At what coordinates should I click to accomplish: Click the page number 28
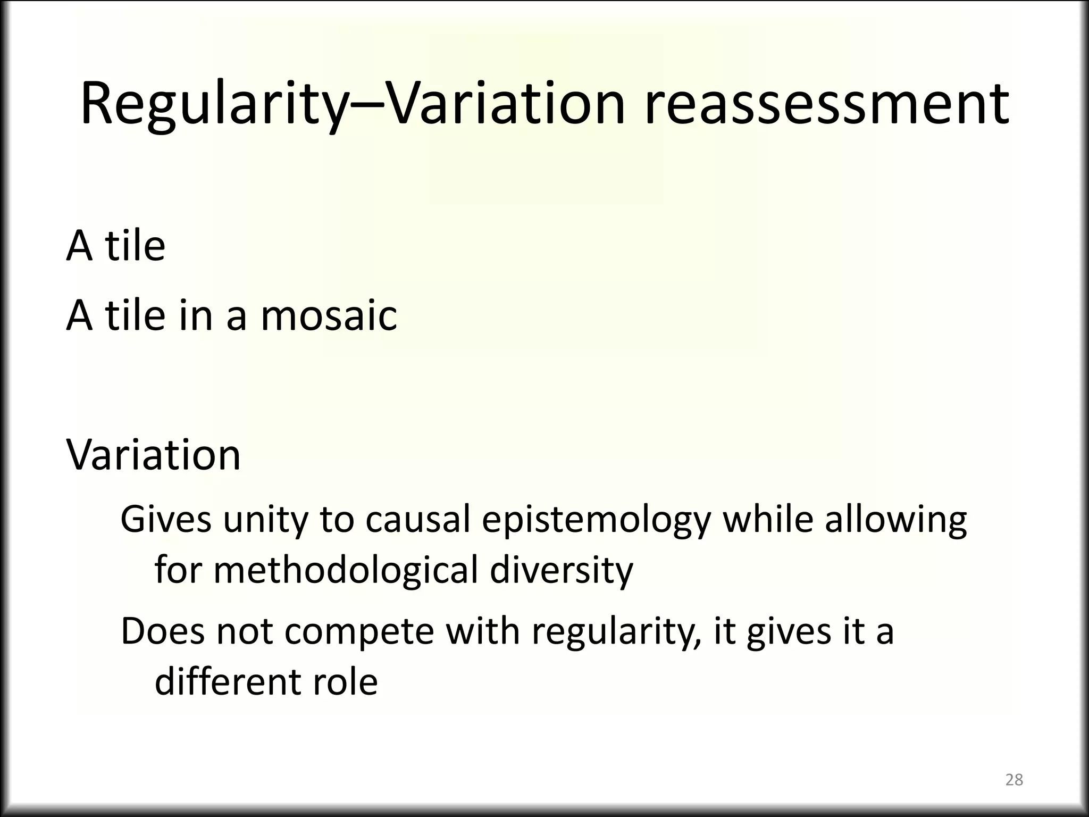[x=1014, y=780]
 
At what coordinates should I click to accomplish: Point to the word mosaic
[x=329, y=315]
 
